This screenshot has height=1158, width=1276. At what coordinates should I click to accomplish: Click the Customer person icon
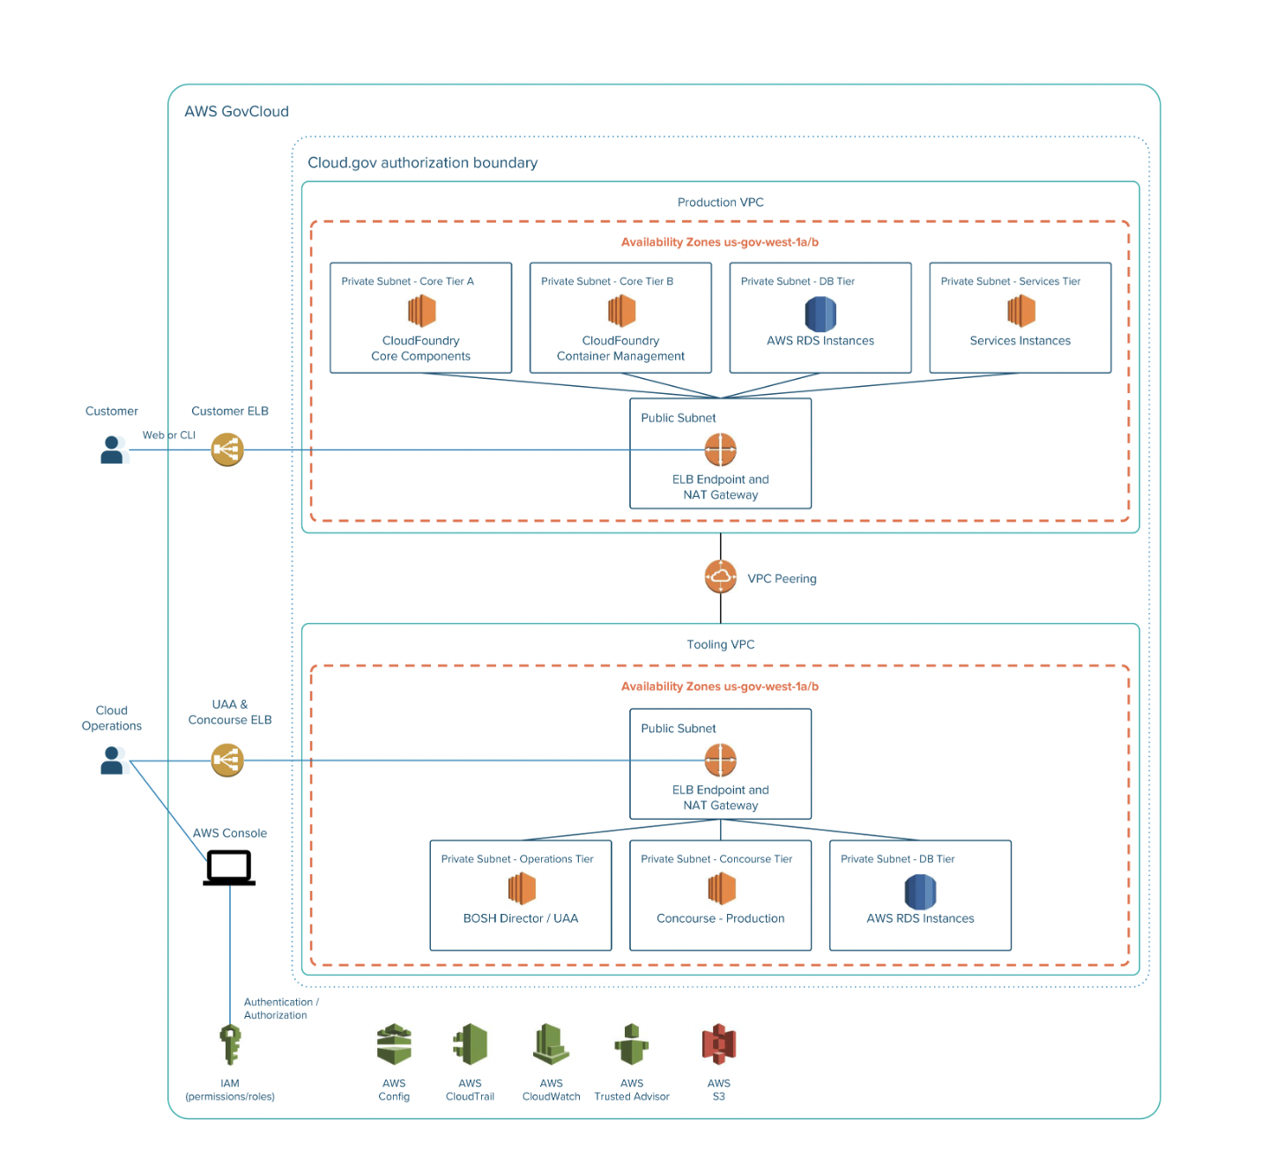click(x=112, y=449)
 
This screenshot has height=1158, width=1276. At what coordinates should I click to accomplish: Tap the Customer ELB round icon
click(x=227, y=449)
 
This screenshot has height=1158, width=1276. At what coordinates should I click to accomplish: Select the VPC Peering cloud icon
click(x=721, y=577)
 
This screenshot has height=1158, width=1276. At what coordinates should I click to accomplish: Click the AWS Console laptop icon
click(x=229, y=867)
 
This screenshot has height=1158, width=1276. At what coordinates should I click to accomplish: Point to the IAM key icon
click(x=230, y=1044)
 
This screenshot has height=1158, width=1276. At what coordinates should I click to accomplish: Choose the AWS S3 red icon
click(x=719, y=1044)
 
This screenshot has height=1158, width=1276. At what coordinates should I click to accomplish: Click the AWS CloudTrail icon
click(x=471, y=1044)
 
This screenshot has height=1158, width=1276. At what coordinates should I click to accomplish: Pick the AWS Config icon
click(x=394, y=1044)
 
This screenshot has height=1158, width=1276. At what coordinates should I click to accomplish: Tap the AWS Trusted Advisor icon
click(x=632, y=1044)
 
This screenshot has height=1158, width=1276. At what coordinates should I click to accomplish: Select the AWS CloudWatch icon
click(x=552, y=1044)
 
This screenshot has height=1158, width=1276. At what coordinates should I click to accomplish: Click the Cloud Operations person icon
click(x=112, y=760)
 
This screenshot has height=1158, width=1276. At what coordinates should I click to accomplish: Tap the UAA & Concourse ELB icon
click(x=227, y=760)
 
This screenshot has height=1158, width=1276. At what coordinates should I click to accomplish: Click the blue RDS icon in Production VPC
click(x=820, y=314)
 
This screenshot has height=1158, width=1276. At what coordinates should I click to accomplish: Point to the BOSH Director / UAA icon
click(x=522, y=888)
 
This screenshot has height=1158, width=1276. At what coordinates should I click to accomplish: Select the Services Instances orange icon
click(x=1020, y=310)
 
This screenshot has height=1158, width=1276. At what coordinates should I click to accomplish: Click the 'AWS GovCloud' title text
click(x=236, y=112)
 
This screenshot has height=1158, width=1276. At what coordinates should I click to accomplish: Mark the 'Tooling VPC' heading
click(x=721, y=644)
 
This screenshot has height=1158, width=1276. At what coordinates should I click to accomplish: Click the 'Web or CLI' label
click(x=169, y=435)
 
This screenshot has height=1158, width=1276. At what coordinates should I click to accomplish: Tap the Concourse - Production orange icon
click(x=721, y=888)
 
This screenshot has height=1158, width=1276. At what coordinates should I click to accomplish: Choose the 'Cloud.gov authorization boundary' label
click(x=422, y=163)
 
